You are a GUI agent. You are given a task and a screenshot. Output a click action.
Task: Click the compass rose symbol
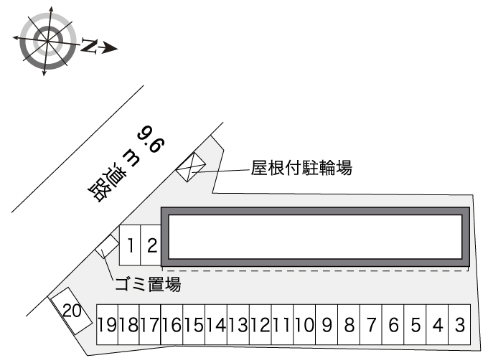click(46, 42)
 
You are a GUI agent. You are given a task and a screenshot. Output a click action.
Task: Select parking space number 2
click(151, 246)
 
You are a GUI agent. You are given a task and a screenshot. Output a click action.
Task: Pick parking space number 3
click(460, 325)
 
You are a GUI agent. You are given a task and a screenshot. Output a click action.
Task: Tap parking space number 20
click(70, 310)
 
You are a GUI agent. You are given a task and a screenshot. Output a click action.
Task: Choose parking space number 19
click(107, 325)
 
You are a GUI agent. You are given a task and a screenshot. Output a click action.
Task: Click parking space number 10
click(304, 325)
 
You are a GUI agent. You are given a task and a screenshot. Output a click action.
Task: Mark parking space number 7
click(371, 325)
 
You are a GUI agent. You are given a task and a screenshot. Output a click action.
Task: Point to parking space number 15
click(194, 325)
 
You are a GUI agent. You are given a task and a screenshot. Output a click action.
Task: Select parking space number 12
click(260, 325)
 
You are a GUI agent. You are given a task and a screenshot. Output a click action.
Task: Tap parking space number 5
click(416, 325)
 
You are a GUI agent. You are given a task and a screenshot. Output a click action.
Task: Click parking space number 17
click(150, 325)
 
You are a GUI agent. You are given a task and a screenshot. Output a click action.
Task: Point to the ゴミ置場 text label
click(148, 284)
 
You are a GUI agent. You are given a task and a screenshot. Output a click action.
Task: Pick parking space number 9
click(327, 325)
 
